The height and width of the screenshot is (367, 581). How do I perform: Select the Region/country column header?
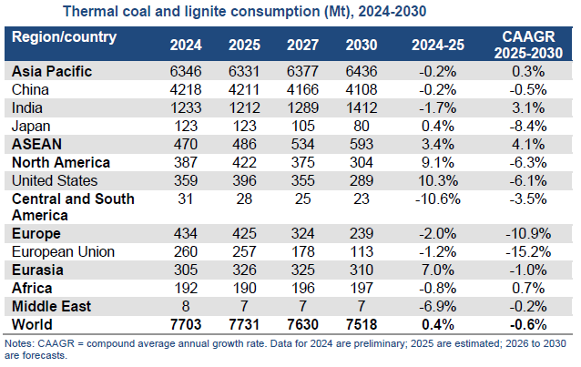pos(65,37)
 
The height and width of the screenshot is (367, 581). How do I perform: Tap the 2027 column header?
pos(301,44)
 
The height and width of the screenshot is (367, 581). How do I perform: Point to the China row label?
pos(31,88)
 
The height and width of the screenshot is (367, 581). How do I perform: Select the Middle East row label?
pos(51,305)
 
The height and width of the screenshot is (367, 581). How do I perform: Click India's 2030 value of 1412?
pos(360,107)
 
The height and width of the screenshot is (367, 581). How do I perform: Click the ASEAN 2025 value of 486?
pos(243,144)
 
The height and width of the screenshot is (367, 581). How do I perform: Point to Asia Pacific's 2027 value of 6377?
pos(301,71)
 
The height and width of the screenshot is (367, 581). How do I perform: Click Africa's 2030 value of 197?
pos(360,288)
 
